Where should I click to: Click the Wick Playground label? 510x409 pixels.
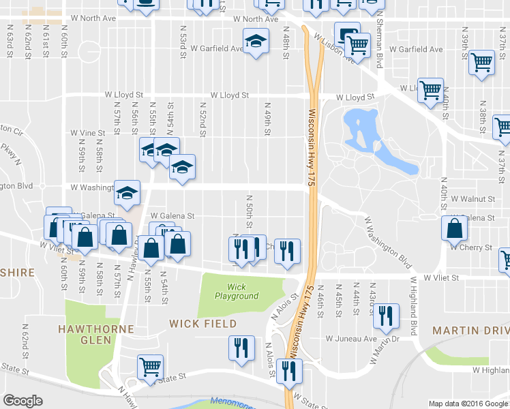[x=237, y=291]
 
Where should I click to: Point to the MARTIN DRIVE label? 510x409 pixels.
[x=470, y=331]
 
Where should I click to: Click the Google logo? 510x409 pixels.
[x=22, y=400]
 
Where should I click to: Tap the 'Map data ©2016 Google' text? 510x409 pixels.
[x=468, y=404]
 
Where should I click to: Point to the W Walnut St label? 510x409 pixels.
[x=471, y=198]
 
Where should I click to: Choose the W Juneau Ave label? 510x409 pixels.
[x=351, y=338]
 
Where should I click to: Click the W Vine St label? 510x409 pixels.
[x=88, y=134]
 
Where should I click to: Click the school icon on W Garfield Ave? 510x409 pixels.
[x=256, y=42]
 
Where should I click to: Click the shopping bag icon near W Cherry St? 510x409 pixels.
[x=454, y=228]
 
